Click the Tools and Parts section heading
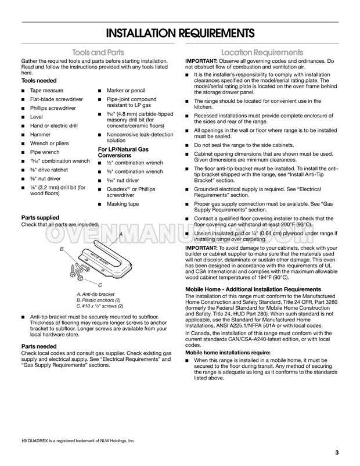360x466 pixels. pyautogui.click(x=98, y=52)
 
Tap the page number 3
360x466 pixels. pyautogui.click(x=337, y=453)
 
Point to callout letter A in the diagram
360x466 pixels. pyautogui.click(x=120, y=234)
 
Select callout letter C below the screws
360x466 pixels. pyautogui.click(x=100, y=285)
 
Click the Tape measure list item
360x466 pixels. pyautogui.click(x=46, y=91)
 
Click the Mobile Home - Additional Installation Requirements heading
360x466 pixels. pyautogui.click(x=252, y=289)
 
